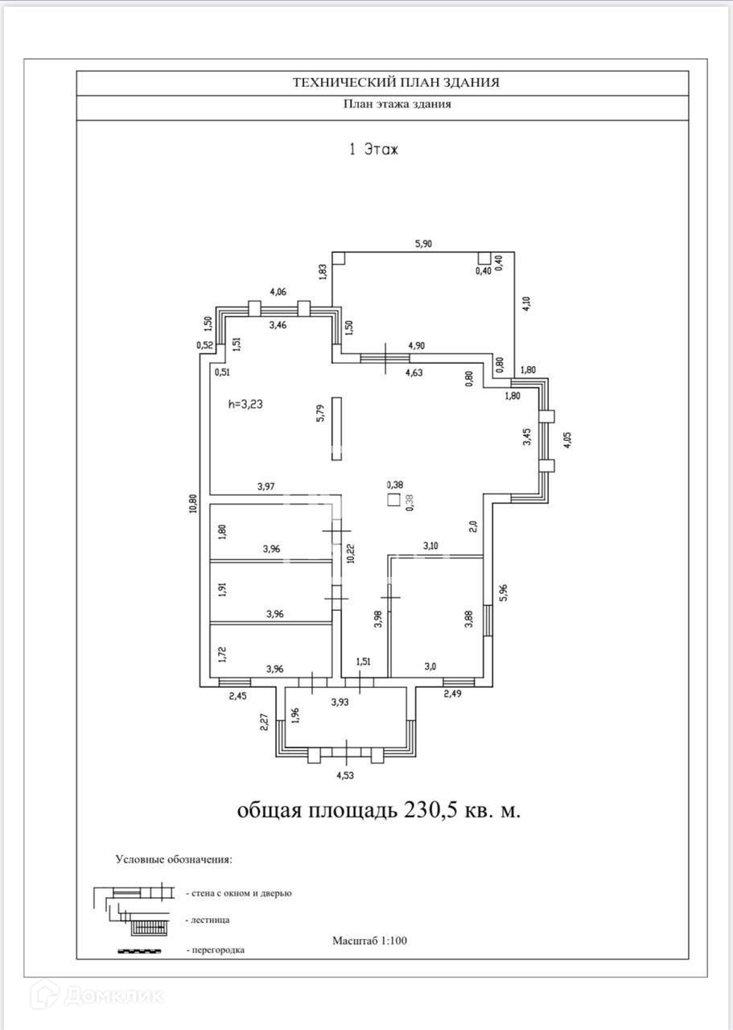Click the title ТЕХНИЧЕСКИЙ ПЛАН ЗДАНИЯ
click(x=396, y=82)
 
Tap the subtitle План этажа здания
click(x=397, y=104)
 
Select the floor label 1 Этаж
click(x=373, y=150)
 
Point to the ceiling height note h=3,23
click(x=245, y=405)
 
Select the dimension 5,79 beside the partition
click(x=321, y=419)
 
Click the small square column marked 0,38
click(x=394, y=499)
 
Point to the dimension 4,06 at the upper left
click(x=278, y=292)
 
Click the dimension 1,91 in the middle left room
click(x=223, y=587)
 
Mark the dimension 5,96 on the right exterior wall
click(x=503, y=593)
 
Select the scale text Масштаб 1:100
click(x=369, y=940)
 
